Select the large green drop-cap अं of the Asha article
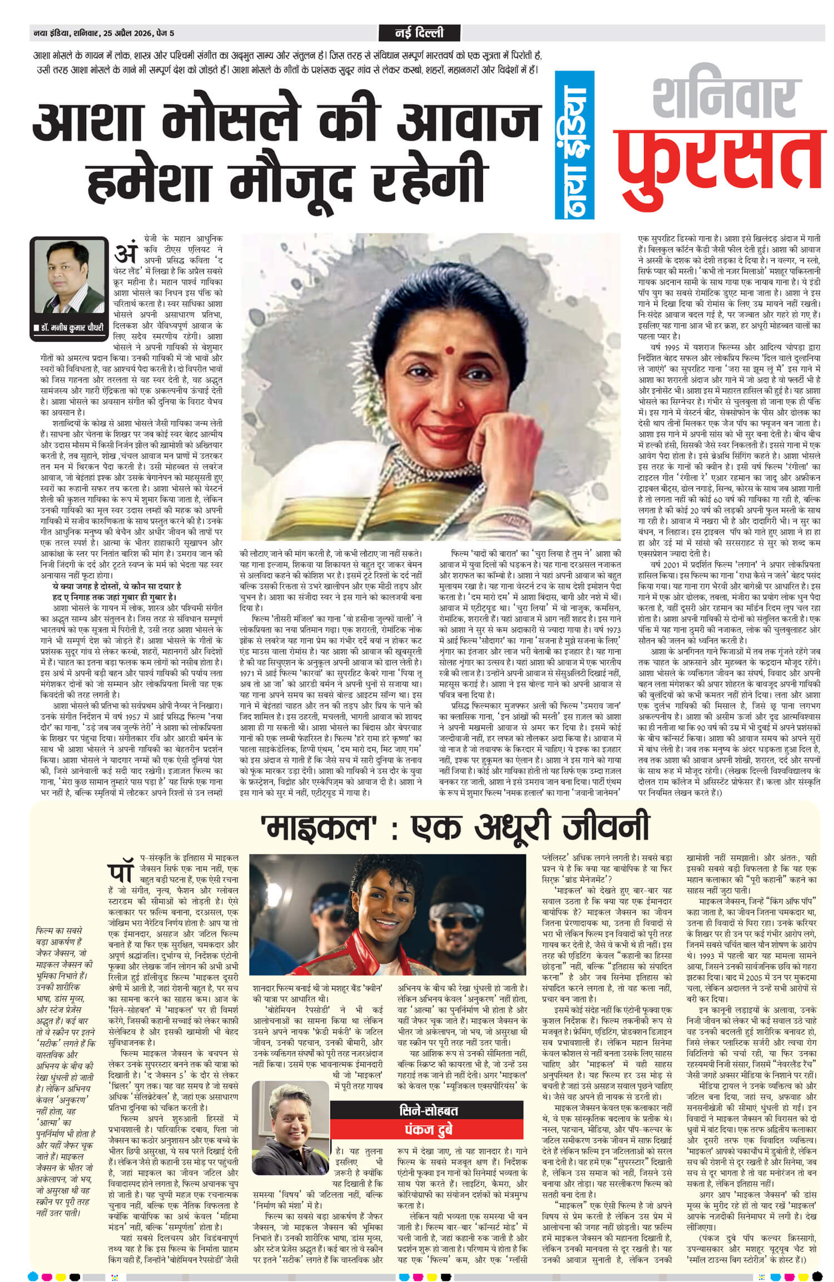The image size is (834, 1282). click(x=125, y=254)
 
